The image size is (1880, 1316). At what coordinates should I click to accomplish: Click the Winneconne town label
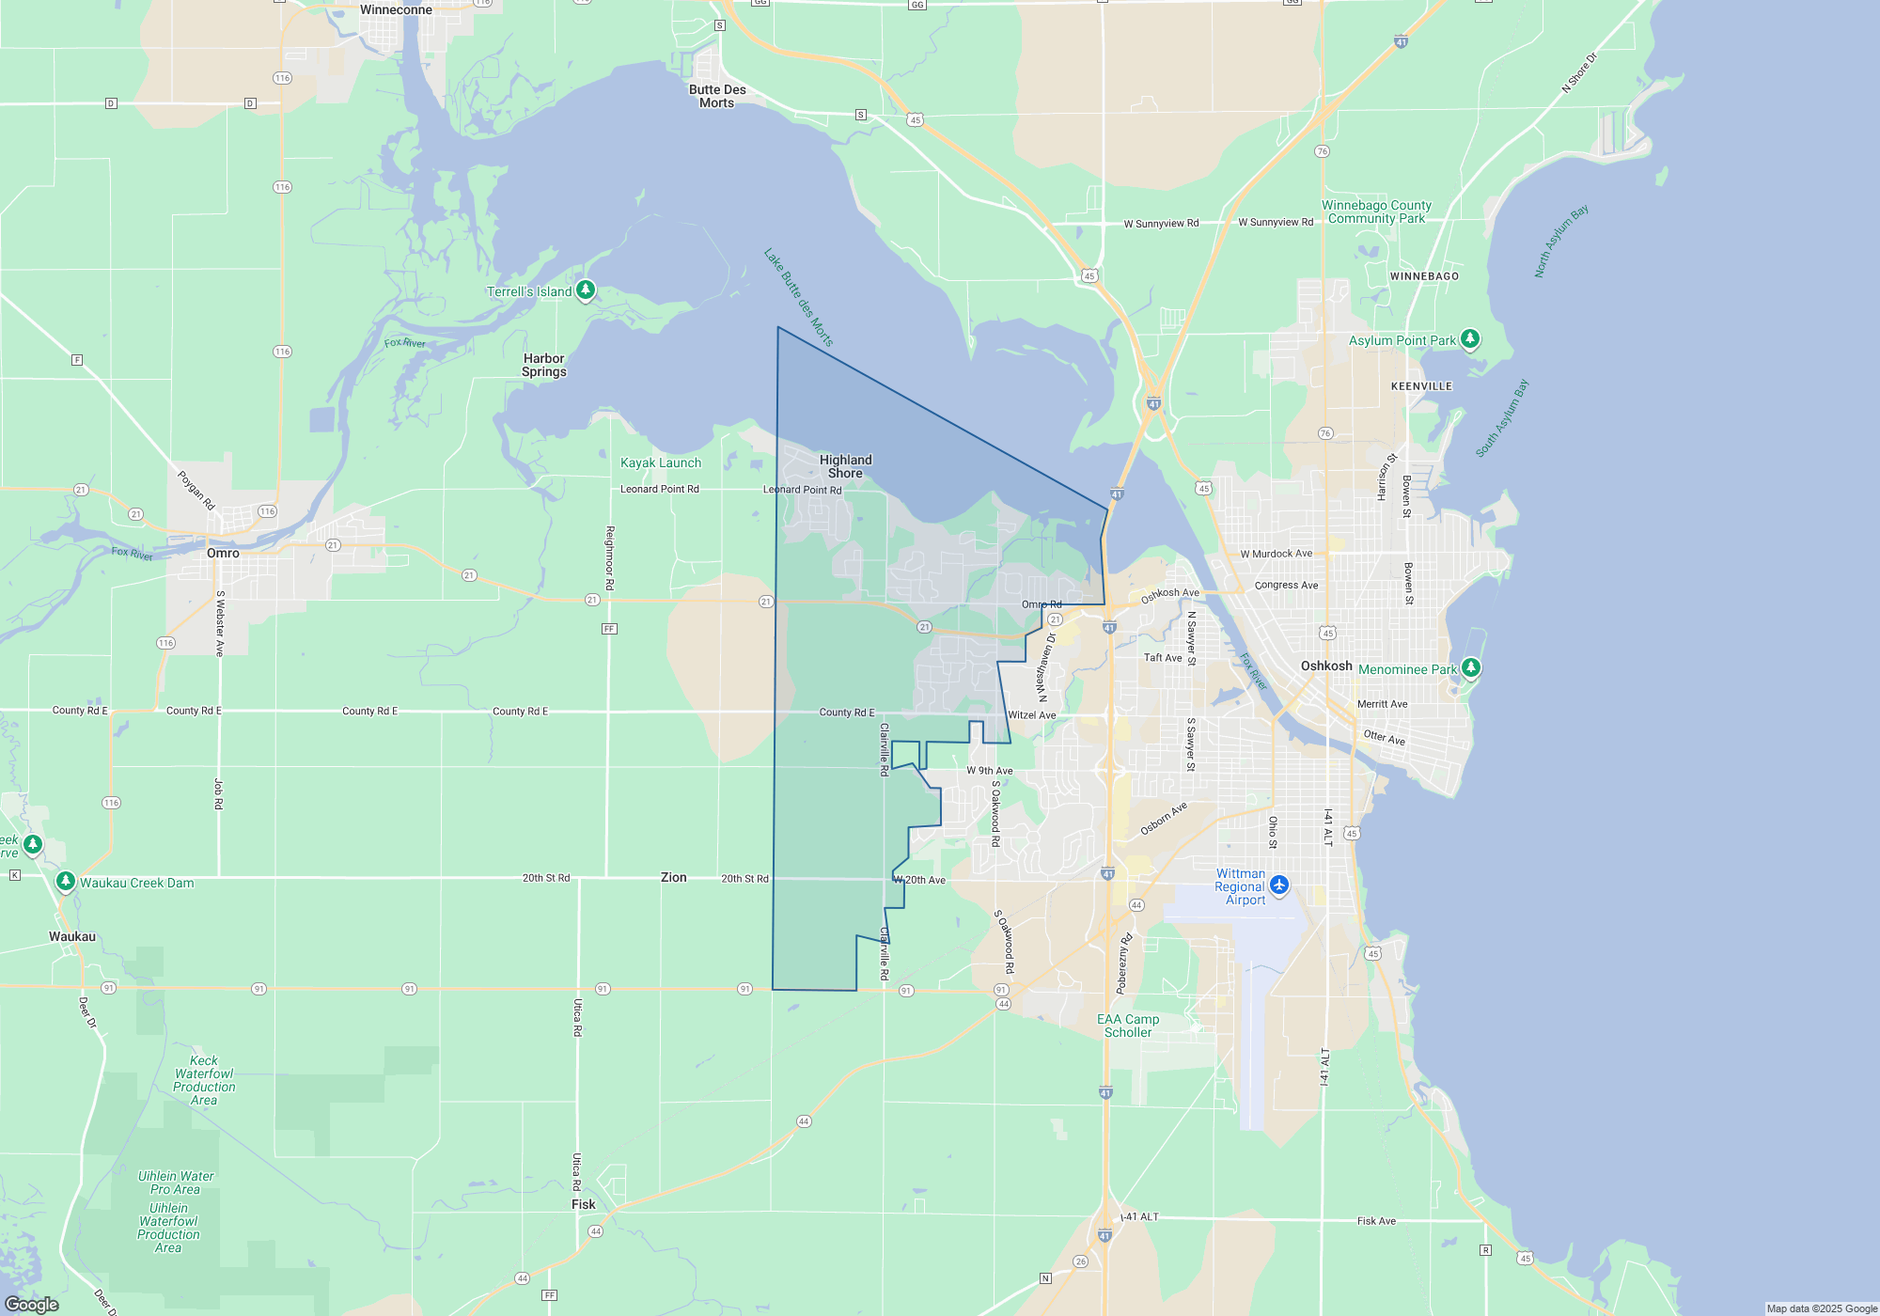pyautogui.click(x=396, y=9)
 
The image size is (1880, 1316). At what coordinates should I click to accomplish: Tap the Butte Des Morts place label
pyautogui.click(x=717, y=96)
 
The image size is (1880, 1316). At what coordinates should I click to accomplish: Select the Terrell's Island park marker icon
pyautogui.click(x=586, y=290)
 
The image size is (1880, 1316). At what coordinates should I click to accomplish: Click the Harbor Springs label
pyautogui.click(x=544, y=365)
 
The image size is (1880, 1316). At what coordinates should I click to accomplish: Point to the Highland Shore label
pyautogui.click(x=846, y=466)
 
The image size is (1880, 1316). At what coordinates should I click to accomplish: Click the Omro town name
pyautogui.click(x=223, y=553)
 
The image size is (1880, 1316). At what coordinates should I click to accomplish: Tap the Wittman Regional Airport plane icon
pyautogui.click(x=1279, y=885)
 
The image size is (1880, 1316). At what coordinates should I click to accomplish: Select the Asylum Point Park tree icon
pyautogui.click(x=1470, y=338)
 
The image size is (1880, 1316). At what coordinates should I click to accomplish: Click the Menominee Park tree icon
pyautogui.click(x=1471, y=667)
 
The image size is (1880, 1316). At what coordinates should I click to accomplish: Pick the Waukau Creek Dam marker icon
pyautogui.click(x=65, y=881)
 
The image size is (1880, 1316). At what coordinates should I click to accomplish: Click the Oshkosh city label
pyautogui.click(x=1326, y=666)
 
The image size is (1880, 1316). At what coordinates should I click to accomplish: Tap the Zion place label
pyautogui.click(x=673, y=877)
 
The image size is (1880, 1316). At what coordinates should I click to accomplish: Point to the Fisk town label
pyautogui.click(x=584, y=1204)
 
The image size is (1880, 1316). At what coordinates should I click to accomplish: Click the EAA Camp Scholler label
pyautogui.click(x=1128, y=1026)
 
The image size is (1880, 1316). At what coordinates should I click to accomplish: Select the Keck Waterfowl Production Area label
pyautogui.click(x=204, y=1080)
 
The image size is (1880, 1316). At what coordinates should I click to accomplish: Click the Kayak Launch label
pyautogui.click(x=661, y=462)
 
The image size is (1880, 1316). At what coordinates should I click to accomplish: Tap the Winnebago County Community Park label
pyautogui.click(x=1376, y=211)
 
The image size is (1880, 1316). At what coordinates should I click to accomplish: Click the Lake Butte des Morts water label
pyautogui.click(x=798, y=297)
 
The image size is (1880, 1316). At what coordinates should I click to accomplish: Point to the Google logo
pyautogui.click(x=32, y=1304)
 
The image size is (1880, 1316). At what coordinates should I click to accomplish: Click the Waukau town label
pyautogui.click(x=72, y=936)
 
